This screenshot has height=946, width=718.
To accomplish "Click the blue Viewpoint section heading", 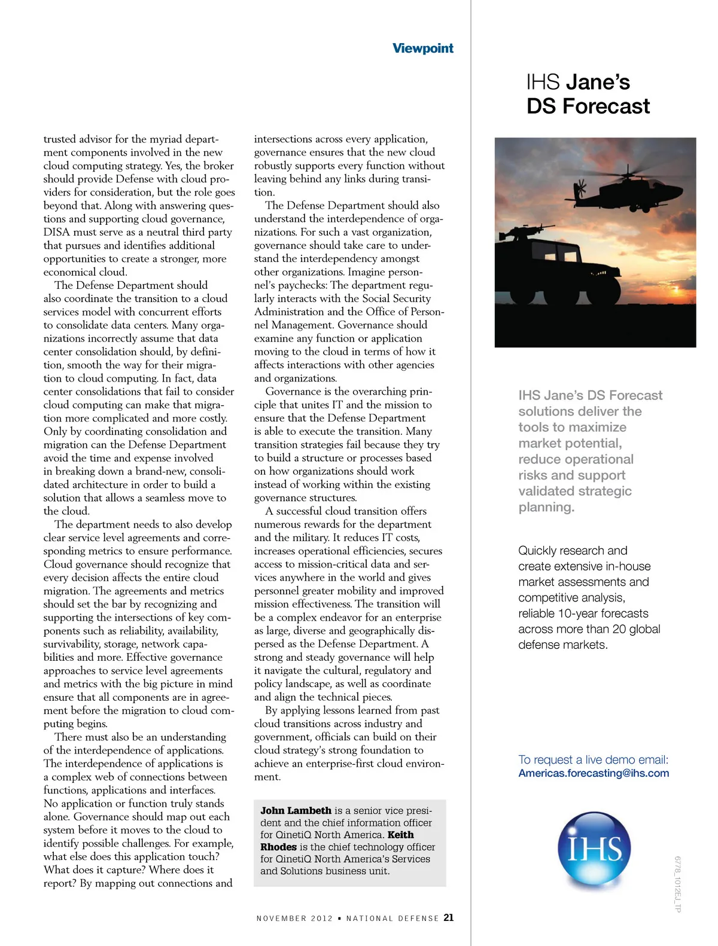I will [x=422, y=48].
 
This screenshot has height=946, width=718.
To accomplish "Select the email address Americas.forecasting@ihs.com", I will [x=594, y=773].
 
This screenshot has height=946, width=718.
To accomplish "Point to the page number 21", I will [x=449, y=917].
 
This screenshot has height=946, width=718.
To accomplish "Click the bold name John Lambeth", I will [x=296, y=811].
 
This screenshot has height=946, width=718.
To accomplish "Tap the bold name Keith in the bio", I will [x=400, y=835].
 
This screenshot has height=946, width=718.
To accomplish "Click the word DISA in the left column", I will [x=56, y=232].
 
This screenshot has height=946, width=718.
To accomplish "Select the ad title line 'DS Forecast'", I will [x=588, y=106].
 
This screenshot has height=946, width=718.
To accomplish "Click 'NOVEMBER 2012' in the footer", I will [x=294, y=918].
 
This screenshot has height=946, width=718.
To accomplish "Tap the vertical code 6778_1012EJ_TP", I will [x=678, y=884].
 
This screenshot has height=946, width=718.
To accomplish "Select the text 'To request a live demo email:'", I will [x=593, y=759].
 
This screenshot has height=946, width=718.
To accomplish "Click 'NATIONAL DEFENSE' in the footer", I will [x=393, y=918].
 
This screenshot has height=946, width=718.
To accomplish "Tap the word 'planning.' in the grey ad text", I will [x=546, y=507].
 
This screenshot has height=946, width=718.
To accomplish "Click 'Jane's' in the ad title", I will [x=598, y=82].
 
